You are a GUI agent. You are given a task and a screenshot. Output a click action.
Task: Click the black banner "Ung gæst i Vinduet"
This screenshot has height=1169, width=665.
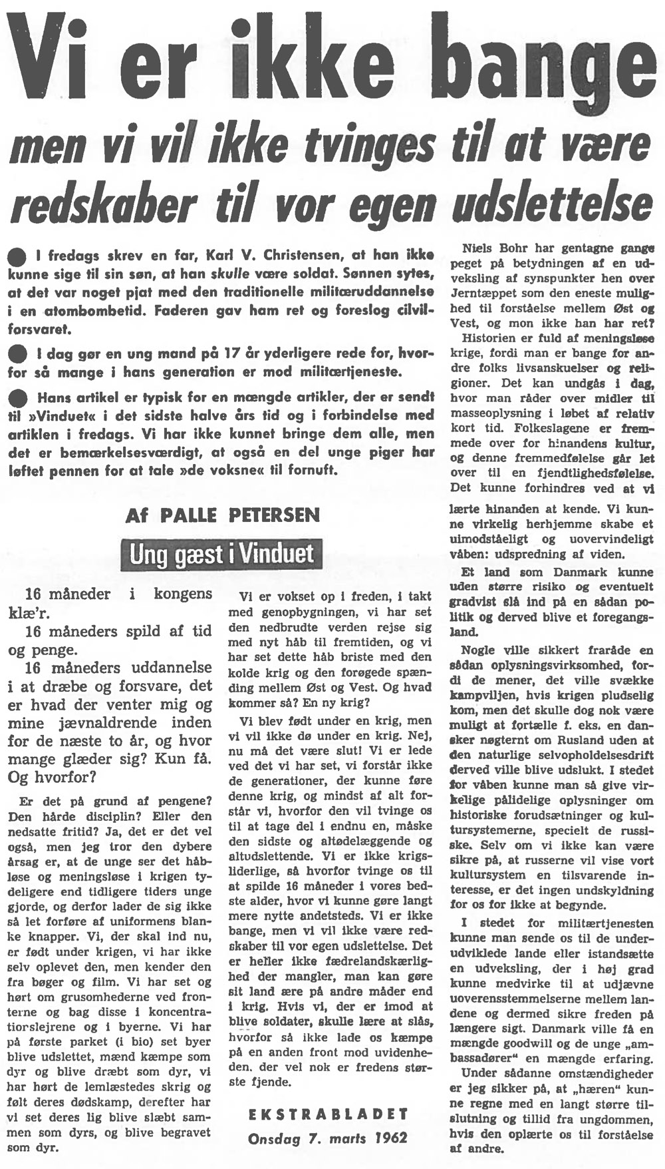221,554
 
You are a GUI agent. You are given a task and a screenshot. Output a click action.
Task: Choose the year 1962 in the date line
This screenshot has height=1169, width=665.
390,1138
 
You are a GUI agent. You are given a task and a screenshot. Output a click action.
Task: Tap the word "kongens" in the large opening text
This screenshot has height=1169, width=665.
183,594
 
